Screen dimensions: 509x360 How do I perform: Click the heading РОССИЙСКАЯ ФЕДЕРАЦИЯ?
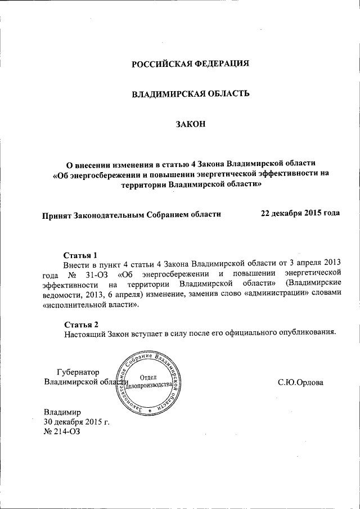pyautogui.click(x=190, y=63)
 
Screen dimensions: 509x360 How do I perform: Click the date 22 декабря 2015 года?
pyautogui.click(x=300, y=213)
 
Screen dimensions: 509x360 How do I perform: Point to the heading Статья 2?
pyautogui.click(x=81, y=325)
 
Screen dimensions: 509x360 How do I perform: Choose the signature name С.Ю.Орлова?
pyautogui.click(x=300, y=382)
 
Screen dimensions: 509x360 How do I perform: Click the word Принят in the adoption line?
pyautogui.click(x=57, y=214)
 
